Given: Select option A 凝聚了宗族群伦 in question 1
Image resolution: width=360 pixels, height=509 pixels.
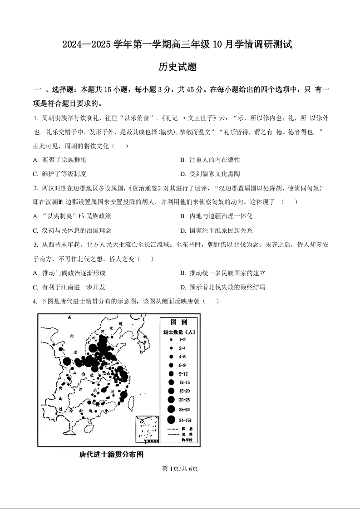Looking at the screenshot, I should pos(59,160).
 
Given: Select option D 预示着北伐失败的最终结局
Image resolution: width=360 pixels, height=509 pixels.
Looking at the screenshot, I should pos(222,287).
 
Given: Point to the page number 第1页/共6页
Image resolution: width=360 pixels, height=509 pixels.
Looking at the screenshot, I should pos(180,469).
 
